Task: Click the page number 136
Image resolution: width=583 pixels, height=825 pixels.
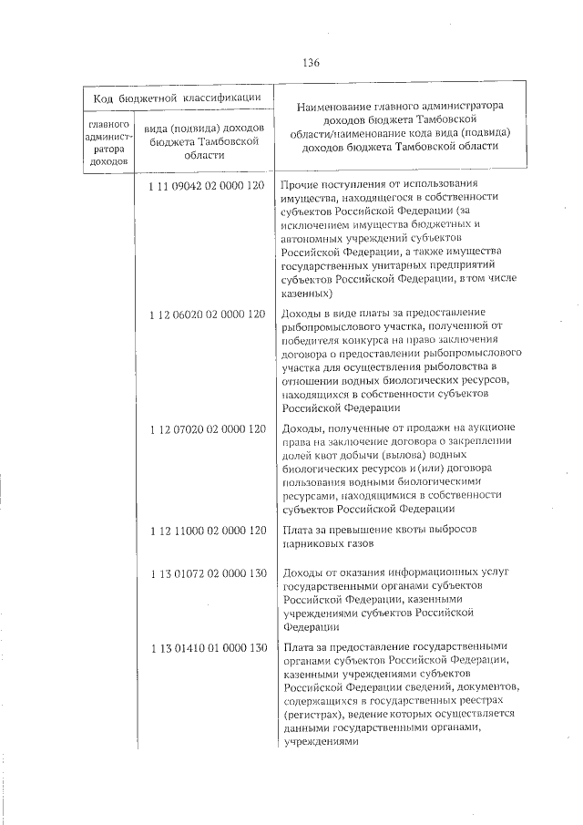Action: tap(310, 63)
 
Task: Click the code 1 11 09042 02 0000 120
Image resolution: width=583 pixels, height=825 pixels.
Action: tap(207, 185)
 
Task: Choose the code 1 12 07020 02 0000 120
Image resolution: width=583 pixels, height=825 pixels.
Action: tap(207, 428)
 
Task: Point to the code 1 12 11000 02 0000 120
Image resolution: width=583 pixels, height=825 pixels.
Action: tap(207, 530)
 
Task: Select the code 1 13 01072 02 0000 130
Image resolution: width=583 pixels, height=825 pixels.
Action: tap(207, 571)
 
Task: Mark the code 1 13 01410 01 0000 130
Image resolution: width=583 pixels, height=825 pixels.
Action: tap(207, 647)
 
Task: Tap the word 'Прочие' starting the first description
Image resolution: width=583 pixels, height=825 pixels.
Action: tap(302, 185)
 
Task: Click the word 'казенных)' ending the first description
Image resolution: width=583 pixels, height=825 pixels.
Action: tap(308, 294)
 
